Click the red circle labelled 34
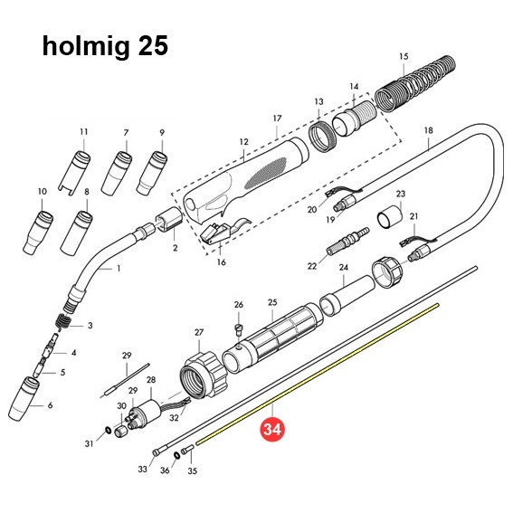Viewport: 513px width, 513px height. (272, 429)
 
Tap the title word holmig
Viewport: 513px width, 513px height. (86, 46)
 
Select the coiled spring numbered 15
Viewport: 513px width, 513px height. (415, 84)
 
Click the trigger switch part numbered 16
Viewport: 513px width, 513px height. (224, 231)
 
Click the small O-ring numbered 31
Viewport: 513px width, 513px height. (107, 430)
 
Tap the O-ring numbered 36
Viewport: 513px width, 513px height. (176, 455)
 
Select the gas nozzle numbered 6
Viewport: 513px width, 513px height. (24, 398)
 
